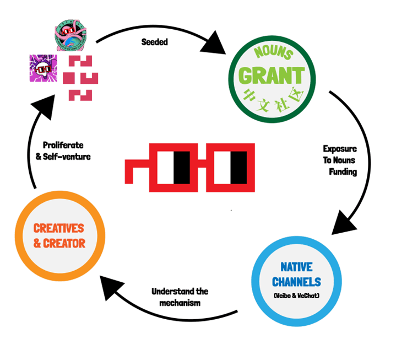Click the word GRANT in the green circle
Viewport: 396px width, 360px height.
click(x=274, y=74)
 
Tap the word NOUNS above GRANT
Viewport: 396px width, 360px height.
click(x=274, y=55)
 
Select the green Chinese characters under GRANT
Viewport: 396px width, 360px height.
click(x=274, y=93)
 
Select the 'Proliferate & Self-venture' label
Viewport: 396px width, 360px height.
click(x=68, y=151)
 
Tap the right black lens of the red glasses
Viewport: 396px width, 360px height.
click(x=237, y=167)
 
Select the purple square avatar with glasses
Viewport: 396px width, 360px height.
click(x=43, y=68)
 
